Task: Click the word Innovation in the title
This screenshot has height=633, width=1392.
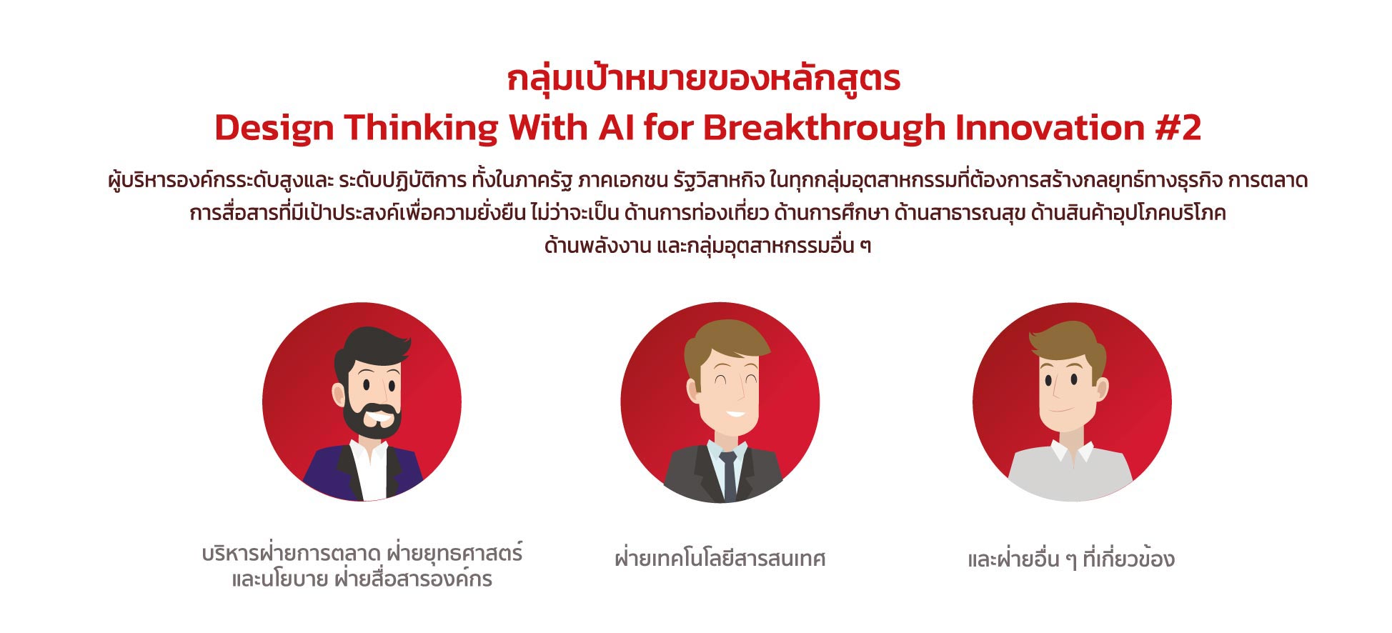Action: coord(1050,128)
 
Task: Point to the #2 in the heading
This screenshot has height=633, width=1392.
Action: coord(1178,128)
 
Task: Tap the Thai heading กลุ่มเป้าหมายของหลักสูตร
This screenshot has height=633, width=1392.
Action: coord(704,79)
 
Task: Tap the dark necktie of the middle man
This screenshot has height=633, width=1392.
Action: coord(728,475)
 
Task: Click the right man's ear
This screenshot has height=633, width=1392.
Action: coord(1102,389)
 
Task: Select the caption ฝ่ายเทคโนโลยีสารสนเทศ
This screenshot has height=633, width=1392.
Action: coord(720,558)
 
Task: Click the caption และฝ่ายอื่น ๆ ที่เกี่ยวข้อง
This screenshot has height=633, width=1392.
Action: coord(1070,558)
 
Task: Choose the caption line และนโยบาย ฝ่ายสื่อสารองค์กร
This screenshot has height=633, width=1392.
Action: coord(362,578)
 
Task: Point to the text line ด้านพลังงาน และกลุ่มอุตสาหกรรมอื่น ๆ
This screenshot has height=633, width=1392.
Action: coord(707,246)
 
